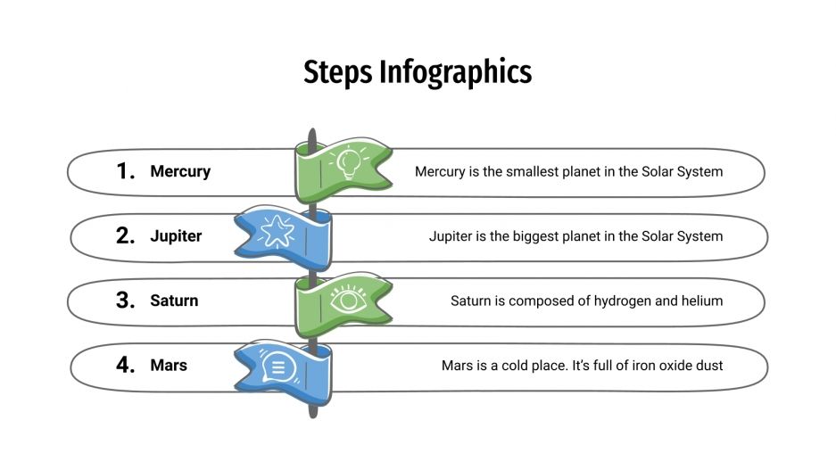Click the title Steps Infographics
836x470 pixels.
click(x=418, y=71)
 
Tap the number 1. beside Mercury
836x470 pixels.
click(x=125, y=171)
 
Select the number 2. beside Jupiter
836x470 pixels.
click(x=125, y=236)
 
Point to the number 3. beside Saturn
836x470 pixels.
click(x=125, y=301)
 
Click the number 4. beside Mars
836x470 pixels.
click(x=125, y=365)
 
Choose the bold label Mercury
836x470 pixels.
click(x=180, y=171)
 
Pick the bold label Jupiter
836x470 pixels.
click(x=176, y=236)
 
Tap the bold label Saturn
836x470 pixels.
click(x=174, y=301)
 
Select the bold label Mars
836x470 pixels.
click(x=169, y=365)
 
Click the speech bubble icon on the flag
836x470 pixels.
click(x=276, y=365)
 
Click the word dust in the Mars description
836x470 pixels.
click(x=709, y=366)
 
